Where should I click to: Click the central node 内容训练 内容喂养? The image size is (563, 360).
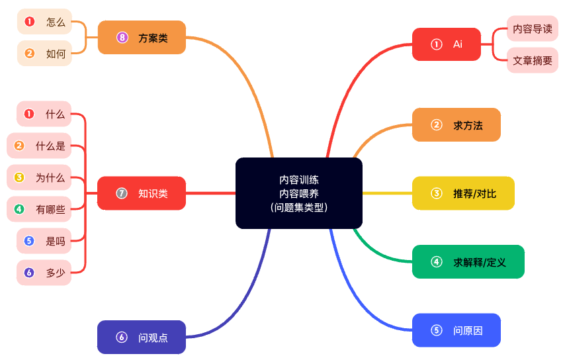pyautogui.click(x=298, y=193)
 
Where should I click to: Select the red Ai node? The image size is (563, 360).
pyautogui.click(x=446, y=44)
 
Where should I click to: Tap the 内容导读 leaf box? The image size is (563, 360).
pyautogui.click(x=532, y=28)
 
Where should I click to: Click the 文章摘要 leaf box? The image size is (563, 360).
pyautogui.click(x=532, y=60)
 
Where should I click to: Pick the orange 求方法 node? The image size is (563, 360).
pyautogui.click(x=456, y=125)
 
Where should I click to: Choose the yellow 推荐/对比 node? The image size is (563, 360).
pyautogui.click(x=463, y=193)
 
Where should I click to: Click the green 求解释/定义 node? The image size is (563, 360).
pyautogui.click(x=468, y=262)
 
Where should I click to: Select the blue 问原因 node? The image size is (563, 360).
pyautogui.click(x=456, y=330)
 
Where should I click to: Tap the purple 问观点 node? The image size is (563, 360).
pyautogui.click(x=141, y=337)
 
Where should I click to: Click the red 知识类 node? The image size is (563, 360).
pyautogui.click(x=141, y=193)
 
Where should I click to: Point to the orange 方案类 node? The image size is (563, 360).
pyautogui.click(x=141, y=38)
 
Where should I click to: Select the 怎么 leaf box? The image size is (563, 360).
pyautogui.click(x=44, y=22)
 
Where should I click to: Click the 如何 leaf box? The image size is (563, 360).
pyautogui.click(x=44, y=54)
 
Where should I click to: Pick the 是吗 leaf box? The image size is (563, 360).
pyautogui.click(x=44, y=241)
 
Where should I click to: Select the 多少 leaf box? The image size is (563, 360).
pyautogui.click(x=44, y=272)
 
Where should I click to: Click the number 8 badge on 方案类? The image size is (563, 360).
pyautogui.click(x=122, y=38)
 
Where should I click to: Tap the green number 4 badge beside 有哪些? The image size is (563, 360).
pyautogui.click(x=19, y=209)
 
